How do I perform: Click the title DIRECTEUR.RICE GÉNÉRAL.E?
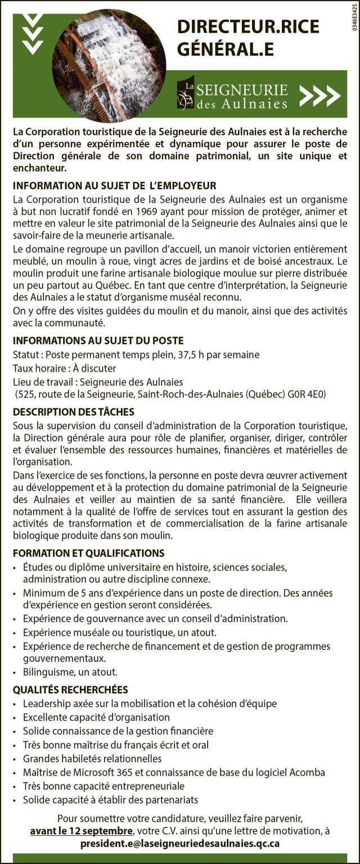tap(248, 37)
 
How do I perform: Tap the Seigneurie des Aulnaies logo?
tap(232, 94)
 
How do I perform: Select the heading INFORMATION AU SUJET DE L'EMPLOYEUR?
tap(115, 186)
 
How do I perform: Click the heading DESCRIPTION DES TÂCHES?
tap(74, 412)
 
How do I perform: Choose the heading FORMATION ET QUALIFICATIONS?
tap(89, 553)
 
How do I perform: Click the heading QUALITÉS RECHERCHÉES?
tap(70, 690)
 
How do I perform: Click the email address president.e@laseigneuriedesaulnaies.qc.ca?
tap(180, 844)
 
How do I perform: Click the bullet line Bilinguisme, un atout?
tap(70, 672)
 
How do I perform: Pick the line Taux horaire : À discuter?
tap(64, 368)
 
